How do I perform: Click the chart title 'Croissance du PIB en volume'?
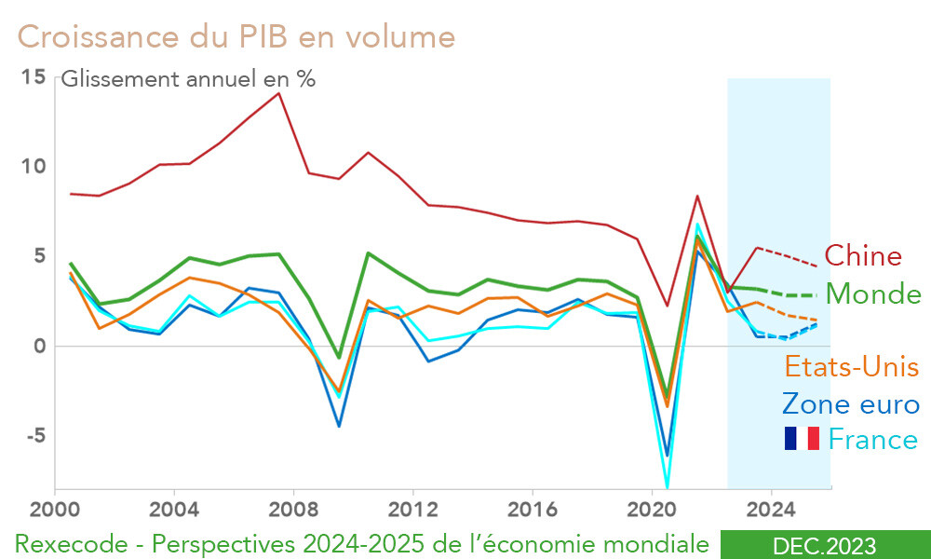[x=236, y=36]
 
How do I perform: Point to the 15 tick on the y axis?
[x=34, y=77]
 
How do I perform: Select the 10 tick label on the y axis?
[x=34, y=167]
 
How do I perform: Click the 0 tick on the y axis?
[x=39, y=347]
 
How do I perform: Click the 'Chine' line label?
[x=863, y=256]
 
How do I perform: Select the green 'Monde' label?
[x=873, y=294]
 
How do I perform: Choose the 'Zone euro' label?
[x=850, y=403]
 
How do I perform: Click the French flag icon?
[x=802, y=438]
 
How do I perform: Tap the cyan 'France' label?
[x=873, y=438]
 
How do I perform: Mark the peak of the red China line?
[x=278, y=92]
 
